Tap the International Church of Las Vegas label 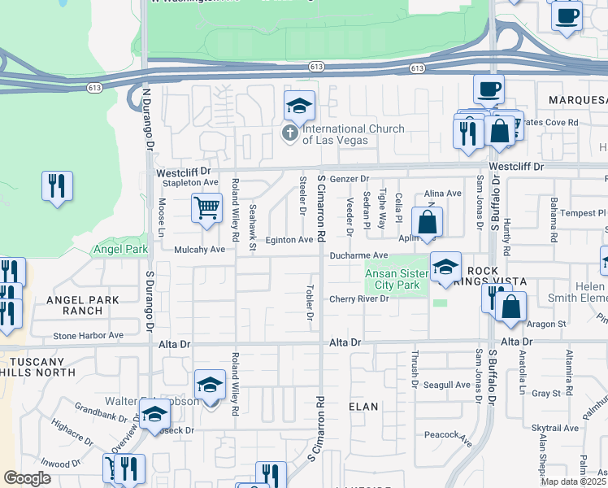pyautogui.click(x=335, y=134)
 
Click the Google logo pyautogui.click(x=27, y=478)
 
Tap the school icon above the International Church pyautogui.click(x=299, y=106)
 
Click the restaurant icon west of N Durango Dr pyautogui.click(x=57, y=186)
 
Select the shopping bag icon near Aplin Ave pyautogui.click(x=427, y=222)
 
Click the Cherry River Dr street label pyautogui.click(x=360, y=299)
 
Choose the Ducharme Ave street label pyautogui.click(x=358, y=256)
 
